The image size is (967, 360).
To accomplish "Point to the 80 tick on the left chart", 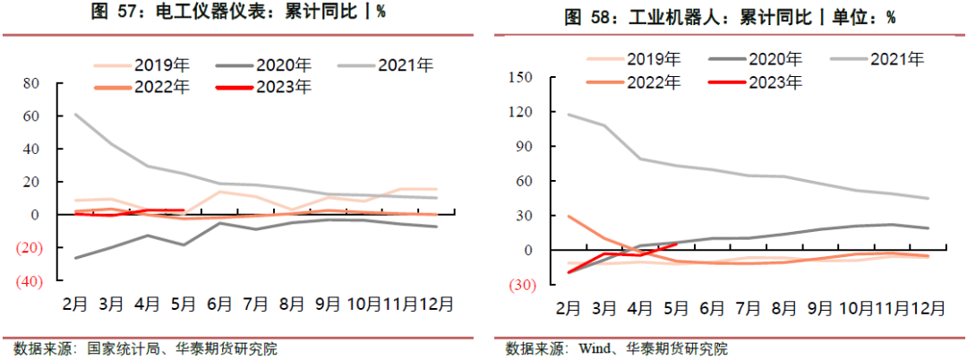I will pyautogui.click(x=32, y=83).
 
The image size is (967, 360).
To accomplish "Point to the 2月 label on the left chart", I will pyautogui.click(x=74, y=303).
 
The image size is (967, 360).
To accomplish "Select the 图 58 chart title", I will pyautogui.click(x=730, y=17).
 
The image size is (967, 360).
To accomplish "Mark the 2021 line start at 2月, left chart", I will pyautogui.click(x=75, y=114).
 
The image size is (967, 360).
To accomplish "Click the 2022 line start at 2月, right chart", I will pyautogui.click(x=569, y=216).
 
